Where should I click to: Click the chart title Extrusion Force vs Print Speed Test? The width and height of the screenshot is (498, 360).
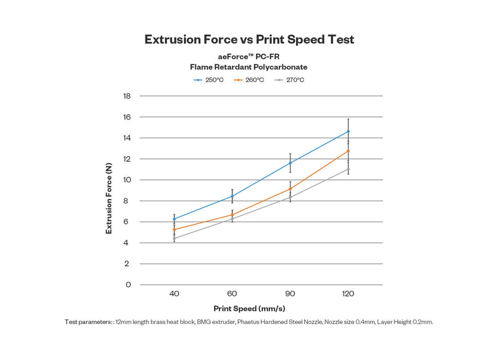click(249, 39)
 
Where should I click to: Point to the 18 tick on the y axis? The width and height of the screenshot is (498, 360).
click(127, 96)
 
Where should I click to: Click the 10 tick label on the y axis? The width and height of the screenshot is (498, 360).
click(127, 180)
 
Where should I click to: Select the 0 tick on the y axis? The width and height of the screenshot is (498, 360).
click(128, 285)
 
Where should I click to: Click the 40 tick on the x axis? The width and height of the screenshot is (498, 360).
click(174, 294)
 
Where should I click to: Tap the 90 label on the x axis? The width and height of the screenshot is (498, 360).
click(290, 294)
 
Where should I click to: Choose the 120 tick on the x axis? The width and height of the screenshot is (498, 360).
click(348, 294)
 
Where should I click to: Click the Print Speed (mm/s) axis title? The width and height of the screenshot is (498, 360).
click(249, 308)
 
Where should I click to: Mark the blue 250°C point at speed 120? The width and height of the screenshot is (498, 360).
click(348, 131)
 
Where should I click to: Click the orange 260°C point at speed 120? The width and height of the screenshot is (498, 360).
click(348, 151)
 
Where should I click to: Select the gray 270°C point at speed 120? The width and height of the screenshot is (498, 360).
click(348, 169)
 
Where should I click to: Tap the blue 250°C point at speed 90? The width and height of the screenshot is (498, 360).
click(290, 163)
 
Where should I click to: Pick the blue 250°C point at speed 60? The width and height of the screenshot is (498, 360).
click(232, 196)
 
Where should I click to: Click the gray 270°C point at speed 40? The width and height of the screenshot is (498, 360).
click(174, 239)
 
